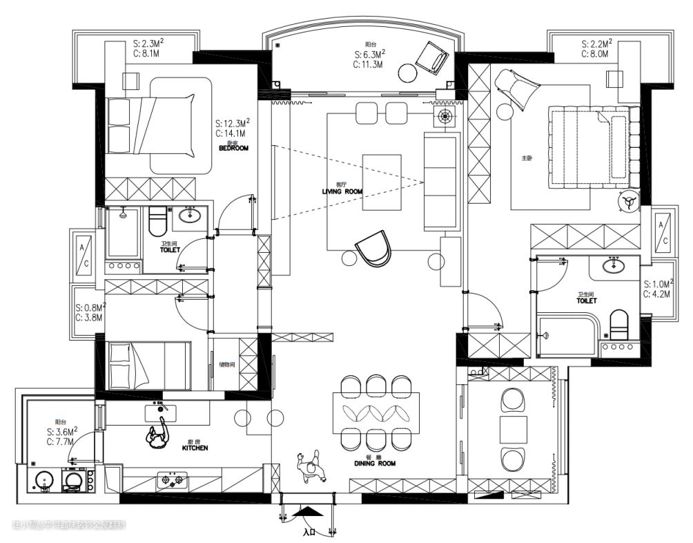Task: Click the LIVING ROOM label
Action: pyautogui.click(x=342, y=191)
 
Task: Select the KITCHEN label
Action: pyautogui.click(x=195, y=448)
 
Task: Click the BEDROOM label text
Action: pyautogui.click(x=233, y=148)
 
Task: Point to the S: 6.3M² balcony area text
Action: pyautogui.click(x=369, y=54)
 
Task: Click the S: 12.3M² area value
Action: pyautogui.click(x=231, y=123)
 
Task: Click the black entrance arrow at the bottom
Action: pyautogui.click(x=307, y=512)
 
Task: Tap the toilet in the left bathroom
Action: pyautogui.click(x=158, y=222)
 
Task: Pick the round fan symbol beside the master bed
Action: pyautogui.click(x=628, y=201)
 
